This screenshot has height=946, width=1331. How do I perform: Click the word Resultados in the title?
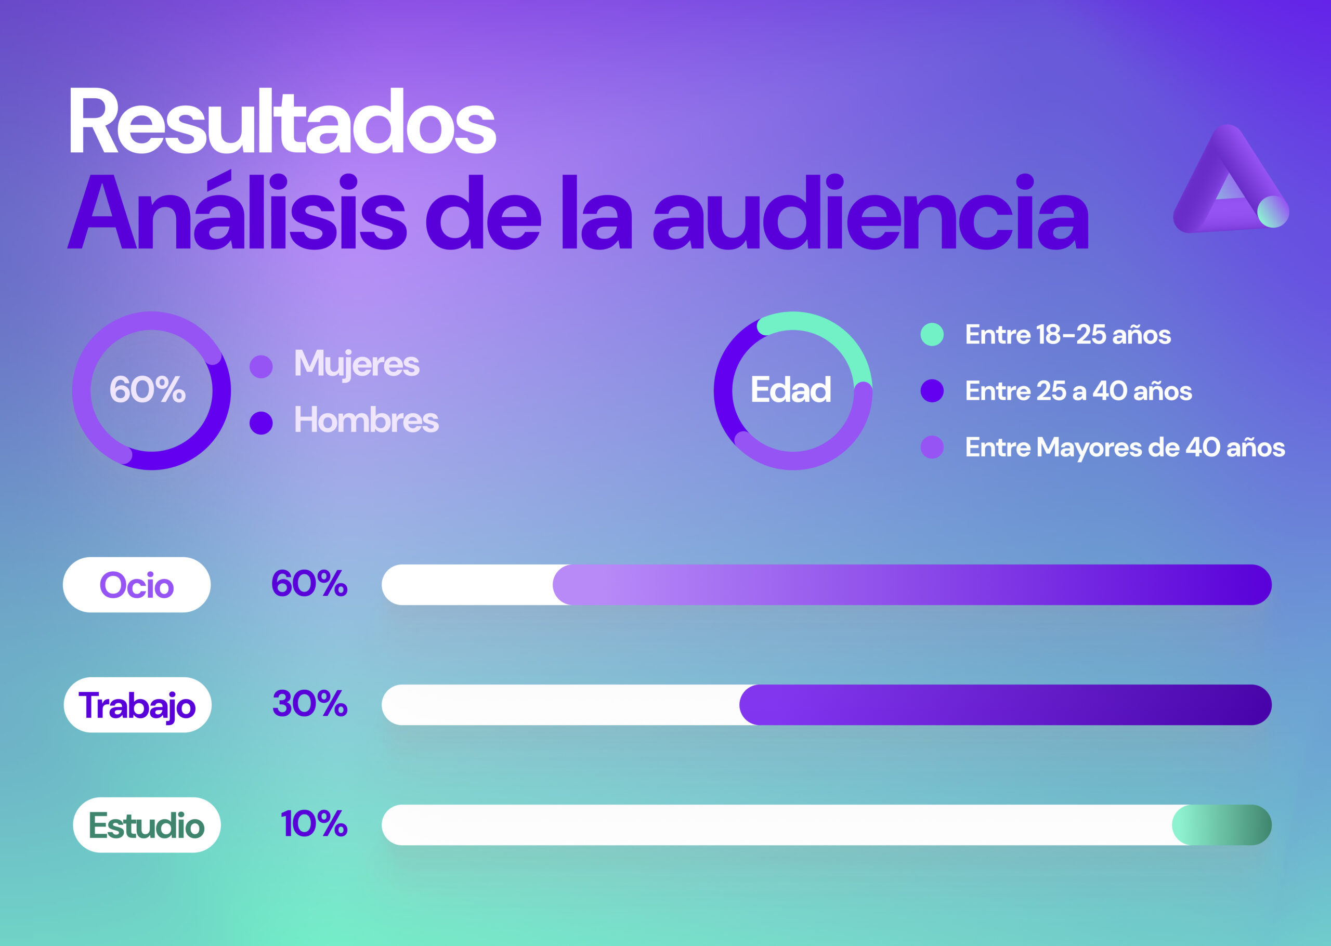(x=282, y=122)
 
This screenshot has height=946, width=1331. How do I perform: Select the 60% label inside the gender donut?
(x=147, y=390)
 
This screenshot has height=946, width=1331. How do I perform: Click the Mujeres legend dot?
(x=261, y=366)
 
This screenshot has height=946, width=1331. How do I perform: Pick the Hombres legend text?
(x=366, y=420)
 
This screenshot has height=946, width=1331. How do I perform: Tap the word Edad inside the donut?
(x=790, y=390)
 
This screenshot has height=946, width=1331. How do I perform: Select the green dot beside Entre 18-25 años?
(x=932, y=334)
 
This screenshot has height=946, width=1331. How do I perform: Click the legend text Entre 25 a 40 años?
(x=1078, y=391)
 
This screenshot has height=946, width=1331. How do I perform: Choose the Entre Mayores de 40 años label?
(x=1125, y=448)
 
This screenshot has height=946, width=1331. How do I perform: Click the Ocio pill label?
(x=137, y=585)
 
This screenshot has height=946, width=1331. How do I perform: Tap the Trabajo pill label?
(x=137, y=705)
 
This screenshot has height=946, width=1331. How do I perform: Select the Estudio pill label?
(x=147, y=825)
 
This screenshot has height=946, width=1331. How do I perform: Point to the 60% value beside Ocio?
(x=309, y=583)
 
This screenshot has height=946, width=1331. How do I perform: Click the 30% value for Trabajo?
(x=310, y=704)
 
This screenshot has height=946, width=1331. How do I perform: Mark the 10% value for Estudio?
(x=314, y=824)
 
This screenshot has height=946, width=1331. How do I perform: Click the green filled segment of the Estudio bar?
(x=1221, y=825)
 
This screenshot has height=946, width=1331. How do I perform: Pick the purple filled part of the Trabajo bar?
(x=1005, y=705)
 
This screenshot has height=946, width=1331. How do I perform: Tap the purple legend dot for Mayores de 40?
(x=932, y=448)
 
